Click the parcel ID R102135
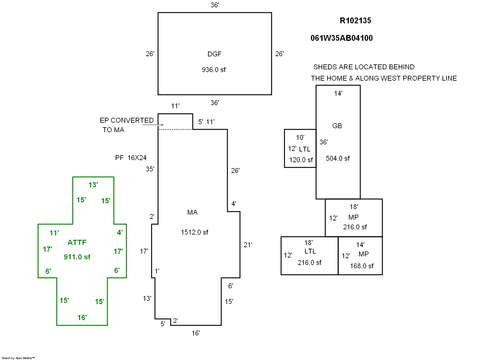tap(355, 21)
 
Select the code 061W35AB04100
tap(342, 38)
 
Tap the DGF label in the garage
tap(214, 54)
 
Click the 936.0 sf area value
tap(214, 70)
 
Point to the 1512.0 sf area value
tap(194, 232)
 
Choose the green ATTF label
tap(77, 243)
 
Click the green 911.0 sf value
tap(77, 257)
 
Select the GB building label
tap(337, 126)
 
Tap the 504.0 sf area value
tap(338, 159)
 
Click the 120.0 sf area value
tap(301, 160)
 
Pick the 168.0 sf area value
tap(362, 266)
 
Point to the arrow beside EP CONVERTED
tap(153, 125)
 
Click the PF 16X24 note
tap(131, 158)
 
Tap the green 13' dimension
tap(93, 185)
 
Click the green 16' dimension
tap(82, 318)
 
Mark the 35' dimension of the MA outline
tap(150, 169)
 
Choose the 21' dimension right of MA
tap(248, 245)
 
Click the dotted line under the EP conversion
tap(175, 130)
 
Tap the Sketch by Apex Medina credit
tap(18, 358)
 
